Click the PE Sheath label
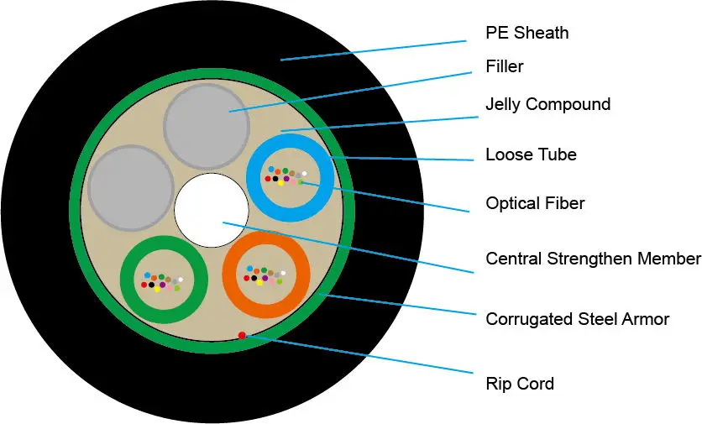click(527, 33)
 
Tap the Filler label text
click(505, 66)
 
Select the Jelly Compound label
click(548, 104)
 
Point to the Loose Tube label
click(531, 154)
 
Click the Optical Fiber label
click(535, 203)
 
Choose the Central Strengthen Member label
click(593, 259)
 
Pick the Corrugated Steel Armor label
click(578, 319)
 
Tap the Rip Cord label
click(520, 384)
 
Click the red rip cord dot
click(242, 335)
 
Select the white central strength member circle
click(212, 211)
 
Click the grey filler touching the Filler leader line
click(207, 127)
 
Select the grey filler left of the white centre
click(131, 187)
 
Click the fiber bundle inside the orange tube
click(265, 275)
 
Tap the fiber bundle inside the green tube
click(162, 282)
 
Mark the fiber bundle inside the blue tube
click(286, 176)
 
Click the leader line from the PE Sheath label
click(374, 50)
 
